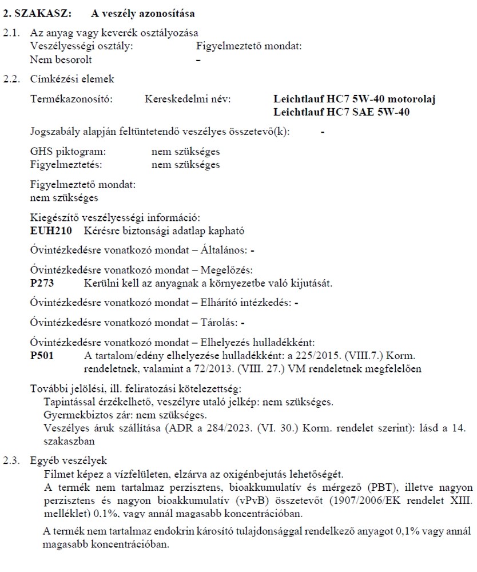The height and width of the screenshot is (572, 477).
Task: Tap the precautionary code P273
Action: tap(41, 283)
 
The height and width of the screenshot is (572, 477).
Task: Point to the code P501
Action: tap(41, 356)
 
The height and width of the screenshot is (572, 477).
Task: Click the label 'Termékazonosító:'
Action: tap(71, 99)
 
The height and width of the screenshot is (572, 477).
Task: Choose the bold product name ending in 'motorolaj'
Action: tap(354, 99)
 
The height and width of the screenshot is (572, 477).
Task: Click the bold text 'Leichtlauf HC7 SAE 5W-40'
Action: tap(341, 112)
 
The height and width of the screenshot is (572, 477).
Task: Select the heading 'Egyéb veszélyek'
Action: tap(68, 460)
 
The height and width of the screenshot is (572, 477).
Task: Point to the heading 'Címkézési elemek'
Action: tap(72, 79)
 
